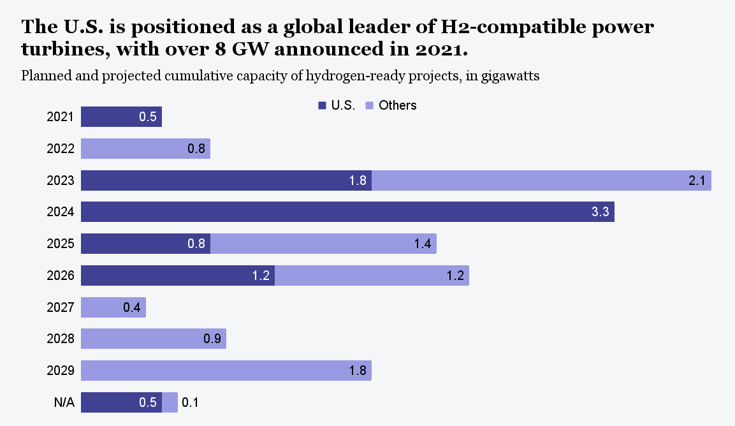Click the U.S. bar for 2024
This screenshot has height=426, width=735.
click(x=347, y=212)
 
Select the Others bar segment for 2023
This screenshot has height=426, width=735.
click(x=541, y=180)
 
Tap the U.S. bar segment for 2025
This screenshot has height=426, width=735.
click(x=145, y=244)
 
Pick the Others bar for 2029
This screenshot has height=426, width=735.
click(x=226, y=371)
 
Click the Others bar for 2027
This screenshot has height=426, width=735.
click(x=113, y=307)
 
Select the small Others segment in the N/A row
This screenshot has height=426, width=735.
click(x=170, y=402)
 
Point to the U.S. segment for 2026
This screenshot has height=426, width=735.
click(x=178, y=275)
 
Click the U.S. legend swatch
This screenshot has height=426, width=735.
click(x=323, y=105)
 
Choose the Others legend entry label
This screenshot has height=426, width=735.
click(x=397, y=105)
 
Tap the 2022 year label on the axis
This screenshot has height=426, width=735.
click(x=61, y=149)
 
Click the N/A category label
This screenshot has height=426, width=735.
click(x=64, y=402)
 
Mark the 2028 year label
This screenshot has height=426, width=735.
click(x=61, y=339)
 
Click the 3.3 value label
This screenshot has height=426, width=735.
click(x=600, y=212)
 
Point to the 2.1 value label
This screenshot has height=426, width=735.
click(x=697, y=181)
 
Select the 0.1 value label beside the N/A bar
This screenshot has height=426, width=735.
click(x=191, y=402)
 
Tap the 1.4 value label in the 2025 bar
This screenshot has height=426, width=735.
click(x=422, y=244)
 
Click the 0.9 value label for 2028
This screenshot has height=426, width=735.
click(x=212, y=339)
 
